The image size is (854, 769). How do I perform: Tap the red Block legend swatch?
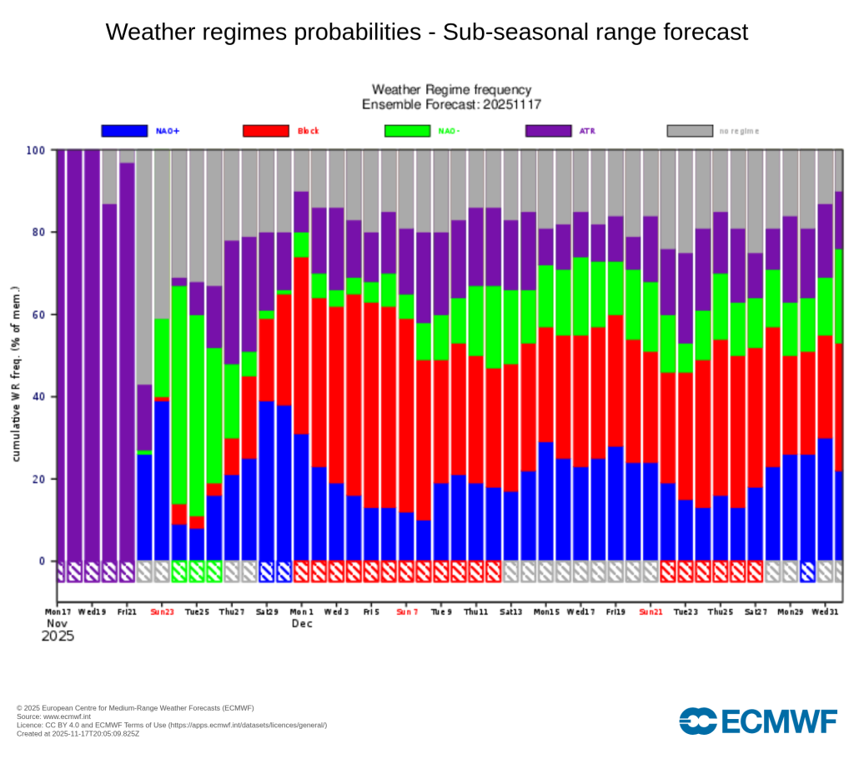265,131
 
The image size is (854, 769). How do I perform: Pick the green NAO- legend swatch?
407,131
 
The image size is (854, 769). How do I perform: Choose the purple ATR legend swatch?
548,131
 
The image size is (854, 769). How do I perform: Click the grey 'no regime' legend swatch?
690,131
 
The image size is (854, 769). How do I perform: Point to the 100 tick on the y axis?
36,150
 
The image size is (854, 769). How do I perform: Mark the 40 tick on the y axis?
38,397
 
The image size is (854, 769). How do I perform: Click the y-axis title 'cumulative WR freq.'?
17,376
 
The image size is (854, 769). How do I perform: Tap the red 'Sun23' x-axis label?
162,611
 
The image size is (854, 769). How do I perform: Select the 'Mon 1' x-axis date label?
301,611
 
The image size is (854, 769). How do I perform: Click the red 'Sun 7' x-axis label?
406,611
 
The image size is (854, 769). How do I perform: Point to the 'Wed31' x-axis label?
826,611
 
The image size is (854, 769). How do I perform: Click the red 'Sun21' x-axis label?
651,611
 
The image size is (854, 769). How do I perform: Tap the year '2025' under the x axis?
58,636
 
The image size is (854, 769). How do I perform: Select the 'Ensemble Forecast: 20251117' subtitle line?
450,104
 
